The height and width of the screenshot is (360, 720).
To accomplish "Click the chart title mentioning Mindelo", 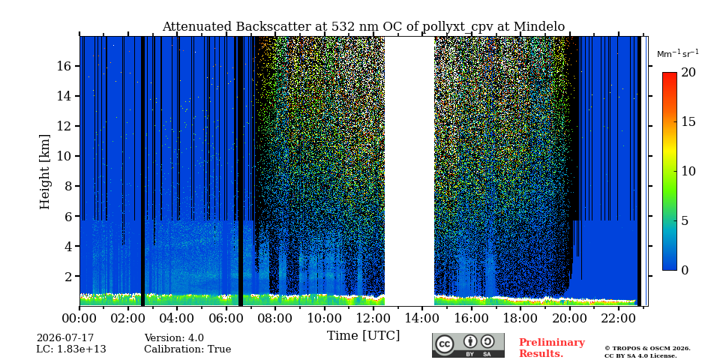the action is pyautogui.click(x=364, y=27).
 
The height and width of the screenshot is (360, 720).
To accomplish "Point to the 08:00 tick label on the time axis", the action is pyautogui.click(x=275, y=317).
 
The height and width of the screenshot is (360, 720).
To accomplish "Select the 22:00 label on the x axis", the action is pyautogui.click(x=619, y=317).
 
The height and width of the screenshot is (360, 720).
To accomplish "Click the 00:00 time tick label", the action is pyautogui.click(x=80, y=317).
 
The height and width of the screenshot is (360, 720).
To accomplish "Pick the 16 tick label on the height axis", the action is pyautogui.click(x=64, y=66).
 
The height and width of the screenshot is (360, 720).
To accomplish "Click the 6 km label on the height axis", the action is pyautogui.click(x=68, y=216).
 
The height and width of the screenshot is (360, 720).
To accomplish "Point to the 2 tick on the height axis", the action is pyautogui.click(x=68, y=277).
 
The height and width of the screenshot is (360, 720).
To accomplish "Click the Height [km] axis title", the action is pyautogui.click(x=44, y=172).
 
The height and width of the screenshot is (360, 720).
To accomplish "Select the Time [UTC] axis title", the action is pyautogui.click(x=364, y=336).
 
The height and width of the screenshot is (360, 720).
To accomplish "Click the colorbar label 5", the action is pyautogui.click(x=685, y=220).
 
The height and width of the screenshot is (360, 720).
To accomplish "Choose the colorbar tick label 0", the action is pyautogui.click(x=685, y=270).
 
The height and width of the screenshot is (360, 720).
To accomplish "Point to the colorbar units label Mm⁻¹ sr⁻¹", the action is pyautogui.click(x=678, y=54).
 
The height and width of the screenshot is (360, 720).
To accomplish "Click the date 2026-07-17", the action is pyautogui.click(x=65, y=338).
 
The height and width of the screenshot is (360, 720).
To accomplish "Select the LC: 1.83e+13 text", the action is pyautogui.click(x=71, y=349).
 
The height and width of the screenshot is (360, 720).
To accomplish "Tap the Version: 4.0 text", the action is pyautogui.click(x=174, y=338).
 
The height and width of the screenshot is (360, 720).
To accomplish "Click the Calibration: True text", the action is pyautogui.click(x=187, y=349).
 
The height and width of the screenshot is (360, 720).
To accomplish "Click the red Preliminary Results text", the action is pyautogui.click(x=552, y=348).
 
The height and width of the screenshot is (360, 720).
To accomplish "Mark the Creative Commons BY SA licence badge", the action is pyautogui.click(x=468, y=345).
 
